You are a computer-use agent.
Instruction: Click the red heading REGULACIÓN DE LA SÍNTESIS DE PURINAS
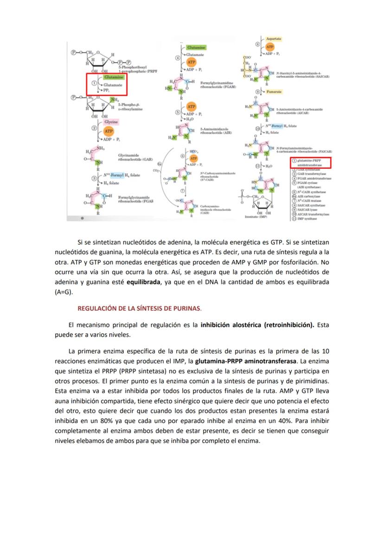(x=139, y=308)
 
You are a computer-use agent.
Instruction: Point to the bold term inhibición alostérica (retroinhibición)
(x=257, y=326)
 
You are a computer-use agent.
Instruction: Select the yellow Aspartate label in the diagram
(x=274, y=39)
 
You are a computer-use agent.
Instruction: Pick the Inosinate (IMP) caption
(x=256, y=217)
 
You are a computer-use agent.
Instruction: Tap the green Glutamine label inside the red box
(x=113, y=77)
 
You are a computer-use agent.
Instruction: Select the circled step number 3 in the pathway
(x=95, y=178)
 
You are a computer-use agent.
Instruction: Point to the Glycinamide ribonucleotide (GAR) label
(x=135, y=157)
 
